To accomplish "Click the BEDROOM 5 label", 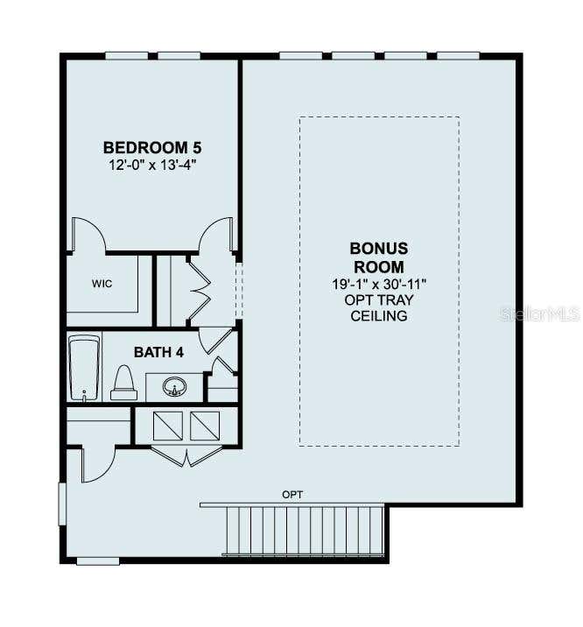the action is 152,147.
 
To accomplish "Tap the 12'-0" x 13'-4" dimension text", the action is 152,165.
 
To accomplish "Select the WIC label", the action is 102,284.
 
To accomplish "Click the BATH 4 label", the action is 158,352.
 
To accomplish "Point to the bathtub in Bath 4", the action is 84,368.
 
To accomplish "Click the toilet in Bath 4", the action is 124,383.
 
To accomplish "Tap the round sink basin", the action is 174,387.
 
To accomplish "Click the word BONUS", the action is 379,249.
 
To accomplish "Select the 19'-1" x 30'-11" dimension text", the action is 379,284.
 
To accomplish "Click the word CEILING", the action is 379,316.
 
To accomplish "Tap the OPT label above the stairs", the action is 292,495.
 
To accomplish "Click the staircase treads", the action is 304,530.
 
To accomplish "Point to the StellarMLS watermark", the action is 539,313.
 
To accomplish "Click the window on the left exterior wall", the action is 62,504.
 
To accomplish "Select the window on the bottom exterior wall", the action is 98,561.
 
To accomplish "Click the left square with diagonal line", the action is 168,426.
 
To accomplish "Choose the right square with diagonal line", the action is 205,426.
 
